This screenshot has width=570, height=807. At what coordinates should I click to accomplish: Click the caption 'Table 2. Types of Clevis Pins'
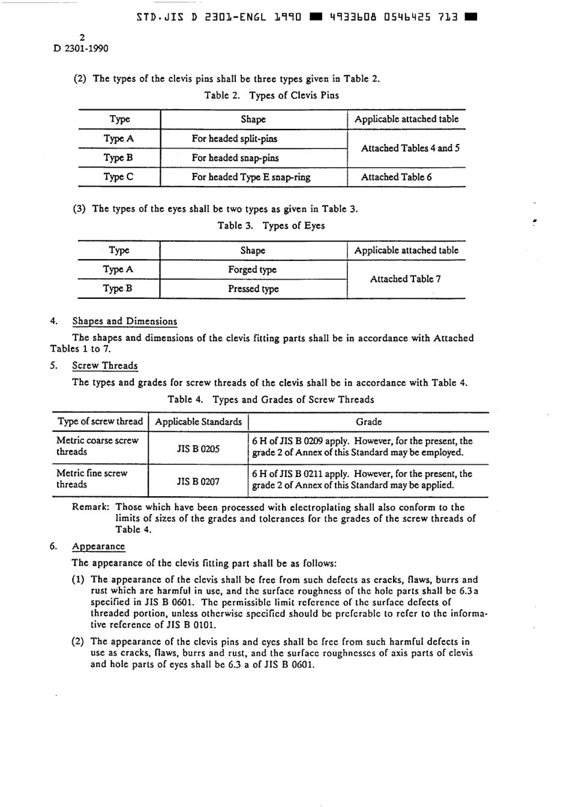tap(271, 95)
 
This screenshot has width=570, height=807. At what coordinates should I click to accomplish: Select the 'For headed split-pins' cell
tap(234, 139)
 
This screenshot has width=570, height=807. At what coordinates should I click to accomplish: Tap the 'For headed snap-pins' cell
tap(235, 158)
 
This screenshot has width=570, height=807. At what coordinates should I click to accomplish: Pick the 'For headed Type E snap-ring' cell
tap(251, 177)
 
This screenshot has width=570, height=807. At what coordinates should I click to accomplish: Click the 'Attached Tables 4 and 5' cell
tap(410, 148)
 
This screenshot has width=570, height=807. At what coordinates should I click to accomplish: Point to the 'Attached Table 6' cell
tap(396, 177)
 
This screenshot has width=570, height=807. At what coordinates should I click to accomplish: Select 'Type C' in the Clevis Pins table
tap(118, 177)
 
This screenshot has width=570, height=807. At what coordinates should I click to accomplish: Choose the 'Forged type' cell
tap(252, 269)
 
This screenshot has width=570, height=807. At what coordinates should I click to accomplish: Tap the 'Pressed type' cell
tap(253, 289)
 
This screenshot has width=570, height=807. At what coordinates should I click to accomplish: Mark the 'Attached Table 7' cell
tap(405, 279)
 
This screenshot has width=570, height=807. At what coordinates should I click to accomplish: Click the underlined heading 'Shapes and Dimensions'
tap(124, 322)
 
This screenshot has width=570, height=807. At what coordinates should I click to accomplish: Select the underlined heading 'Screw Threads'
tap(104, 366)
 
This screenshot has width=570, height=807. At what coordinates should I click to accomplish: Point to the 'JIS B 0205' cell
tap(198, 449)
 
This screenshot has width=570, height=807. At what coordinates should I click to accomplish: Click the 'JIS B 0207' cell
tap(198, 481)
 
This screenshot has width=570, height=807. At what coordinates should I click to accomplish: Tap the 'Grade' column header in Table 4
tap(368, 422)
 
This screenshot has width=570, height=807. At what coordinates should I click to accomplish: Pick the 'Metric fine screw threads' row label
tap(91, 479)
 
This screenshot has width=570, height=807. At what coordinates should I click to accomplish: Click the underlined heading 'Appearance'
tap(98, 547)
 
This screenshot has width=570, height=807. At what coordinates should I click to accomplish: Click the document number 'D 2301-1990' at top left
tap(81, 49)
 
